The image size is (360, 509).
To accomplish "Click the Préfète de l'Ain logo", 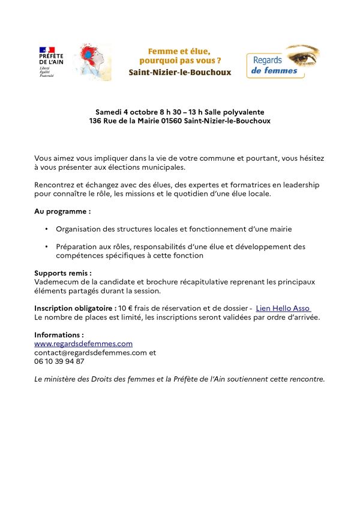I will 47,61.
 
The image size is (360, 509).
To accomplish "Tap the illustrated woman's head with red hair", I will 91,58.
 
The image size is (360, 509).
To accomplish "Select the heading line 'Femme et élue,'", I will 180,52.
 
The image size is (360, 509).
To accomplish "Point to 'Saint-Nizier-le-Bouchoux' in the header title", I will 180,73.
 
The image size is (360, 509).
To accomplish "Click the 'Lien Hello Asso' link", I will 283,308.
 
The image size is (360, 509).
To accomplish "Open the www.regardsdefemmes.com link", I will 83,344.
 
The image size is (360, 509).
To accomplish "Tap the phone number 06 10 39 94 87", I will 59,361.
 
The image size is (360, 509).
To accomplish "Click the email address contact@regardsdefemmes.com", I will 91,353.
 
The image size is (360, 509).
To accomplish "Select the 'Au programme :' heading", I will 62,211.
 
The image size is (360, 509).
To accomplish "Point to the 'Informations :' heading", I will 59,335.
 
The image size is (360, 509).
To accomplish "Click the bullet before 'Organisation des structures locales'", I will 46,229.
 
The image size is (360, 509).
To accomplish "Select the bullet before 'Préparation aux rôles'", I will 46,247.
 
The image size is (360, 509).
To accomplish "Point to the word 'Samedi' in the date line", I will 108,112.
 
